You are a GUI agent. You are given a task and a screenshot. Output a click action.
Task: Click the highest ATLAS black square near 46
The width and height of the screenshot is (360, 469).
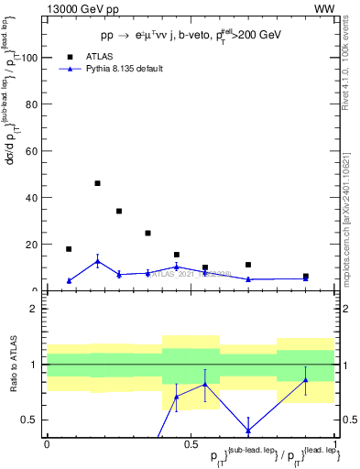pos(98,183)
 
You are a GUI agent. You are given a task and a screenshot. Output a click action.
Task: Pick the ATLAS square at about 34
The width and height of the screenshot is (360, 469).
pos(119,211)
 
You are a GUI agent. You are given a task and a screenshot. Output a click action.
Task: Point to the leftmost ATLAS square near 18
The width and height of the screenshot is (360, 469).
pos(69,249)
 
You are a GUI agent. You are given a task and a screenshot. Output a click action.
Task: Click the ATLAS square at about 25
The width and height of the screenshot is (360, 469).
pos(147,233)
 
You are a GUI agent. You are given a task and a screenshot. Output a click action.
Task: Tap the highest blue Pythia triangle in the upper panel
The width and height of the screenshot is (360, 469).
pos(98,262)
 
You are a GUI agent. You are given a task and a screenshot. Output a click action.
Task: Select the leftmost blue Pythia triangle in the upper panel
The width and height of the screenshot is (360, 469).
pos(69,281)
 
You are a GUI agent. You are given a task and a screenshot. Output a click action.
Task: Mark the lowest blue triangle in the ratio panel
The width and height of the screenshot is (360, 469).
pos(248,430)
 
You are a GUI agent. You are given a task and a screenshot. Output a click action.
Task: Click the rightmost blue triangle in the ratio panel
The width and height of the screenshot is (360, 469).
pos(306,380)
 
